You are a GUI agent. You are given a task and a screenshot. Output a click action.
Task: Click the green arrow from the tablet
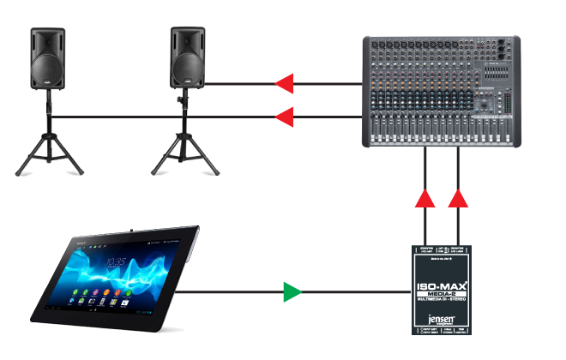pos(293,292)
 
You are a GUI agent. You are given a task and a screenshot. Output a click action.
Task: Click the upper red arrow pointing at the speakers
pos(284,83)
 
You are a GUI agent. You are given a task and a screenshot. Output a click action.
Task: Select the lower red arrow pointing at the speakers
pos(284,116)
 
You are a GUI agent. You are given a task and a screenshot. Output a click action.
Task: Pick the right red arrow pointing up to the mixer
pos(459,199)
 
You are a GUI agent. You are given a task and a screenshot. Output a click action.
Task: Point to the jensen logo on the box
pos(443,314)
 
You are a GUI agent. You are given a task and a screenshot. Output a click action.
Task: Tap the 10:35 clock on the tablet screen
pos(117,261)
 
